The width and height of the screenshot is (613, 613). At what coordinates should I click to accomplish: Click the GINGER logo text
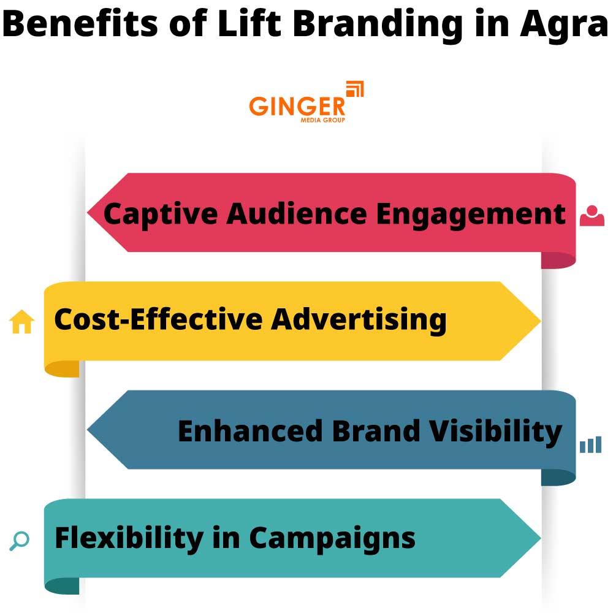pyautogui.click(x=297, y=106)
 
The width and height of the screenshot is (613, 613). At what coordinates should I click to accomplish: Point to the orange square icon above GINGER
pyautogui.click(x=355, y=89)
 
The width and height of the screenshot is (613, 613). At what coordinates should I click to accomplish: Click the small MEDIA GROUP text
pyautogui.click(x=322, y=120)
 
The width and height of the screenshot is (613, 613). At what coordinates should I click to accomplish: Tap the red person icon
pyautogui.click(x=592, y=216)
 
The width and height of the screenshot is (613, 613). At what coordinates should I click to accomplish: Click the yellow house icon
pyautogui.click(x=22, y=321)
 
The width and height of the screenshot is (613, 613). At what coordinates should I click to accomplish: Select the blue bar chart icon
pyautogui.click(x=590, y=445)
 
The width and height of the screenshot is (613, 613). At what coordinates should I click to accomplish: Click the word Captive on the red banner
pyautogui.click(x=160, y=214)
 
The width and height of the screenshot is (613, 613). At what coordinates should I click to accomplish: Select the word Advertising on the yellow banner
pyautogui.click(x=359, y=320)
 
